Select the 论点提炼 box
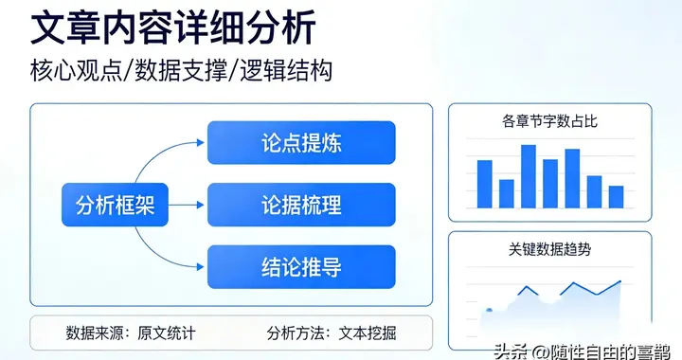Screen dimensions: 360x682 pos(301,144)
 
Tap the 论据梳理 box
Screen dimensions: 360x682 pos(301,204)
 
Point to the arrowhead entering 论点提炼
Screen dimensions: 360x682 pos(200,144)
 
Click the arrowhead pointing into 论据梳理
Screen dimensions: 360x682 pos(200,204)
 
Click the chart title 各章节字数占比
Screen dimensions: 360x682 pos(549,121)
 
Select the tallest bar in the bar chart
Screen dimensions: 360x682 pos(529,176)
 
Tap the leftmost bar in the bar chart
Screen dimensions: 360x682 pos(485,184)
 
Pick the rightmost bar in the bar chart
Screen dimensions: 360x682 pos(617,196)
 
